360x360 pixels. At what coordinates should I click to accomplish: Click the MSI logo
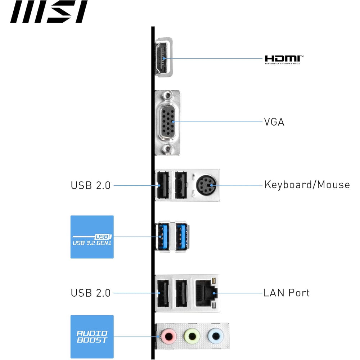(x=49, y=12)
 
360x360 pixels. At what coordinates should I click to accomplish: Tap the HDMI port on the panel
(x=163, y=58)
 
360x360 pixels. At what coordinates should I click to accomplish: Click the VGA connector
(x=167, y=122)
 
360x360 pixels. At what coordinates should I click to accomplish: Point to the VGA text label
(x=274, y=122)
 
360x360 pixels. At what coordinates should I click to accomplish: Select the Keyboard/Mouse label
(x=307, y=185)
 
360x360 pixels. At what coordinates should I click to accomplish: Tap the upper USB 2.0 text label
(x=91, y=186)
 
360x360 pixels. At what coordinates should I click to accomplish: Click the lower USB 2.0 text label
(x=91, y=293)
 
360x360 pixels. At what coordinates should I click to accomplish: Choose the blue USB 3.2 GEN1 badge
(x=92, y=237)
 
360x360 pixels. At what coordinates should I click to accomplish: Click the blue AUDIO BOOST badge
(x=92, y=337)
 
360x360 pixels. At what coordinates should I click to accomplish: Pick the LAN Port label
(x=287, y=293)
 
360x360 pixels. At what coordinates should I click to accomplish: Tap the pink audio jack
(x=168, y=336)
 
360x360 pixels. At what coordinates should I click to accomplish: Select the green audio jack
(x=192, y=336)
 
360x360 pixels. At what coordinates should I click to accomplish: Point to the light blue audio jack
(x=215, y=336)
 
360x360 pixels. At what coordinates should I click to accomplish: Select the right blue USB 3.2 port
(x=182, y=236)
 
